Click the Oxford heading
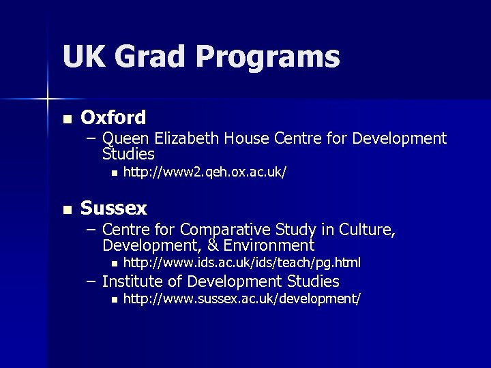pos(113,118)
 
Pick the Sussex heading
pos(114,207)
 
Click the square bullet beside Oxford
pos(65,119)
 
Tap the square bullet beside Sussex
pos(65,209)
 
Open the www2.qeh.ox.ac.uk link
pos(204,173)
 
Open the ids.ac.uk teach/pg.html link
pos(241,262)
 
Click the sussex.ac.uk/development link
pos(241,299)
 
